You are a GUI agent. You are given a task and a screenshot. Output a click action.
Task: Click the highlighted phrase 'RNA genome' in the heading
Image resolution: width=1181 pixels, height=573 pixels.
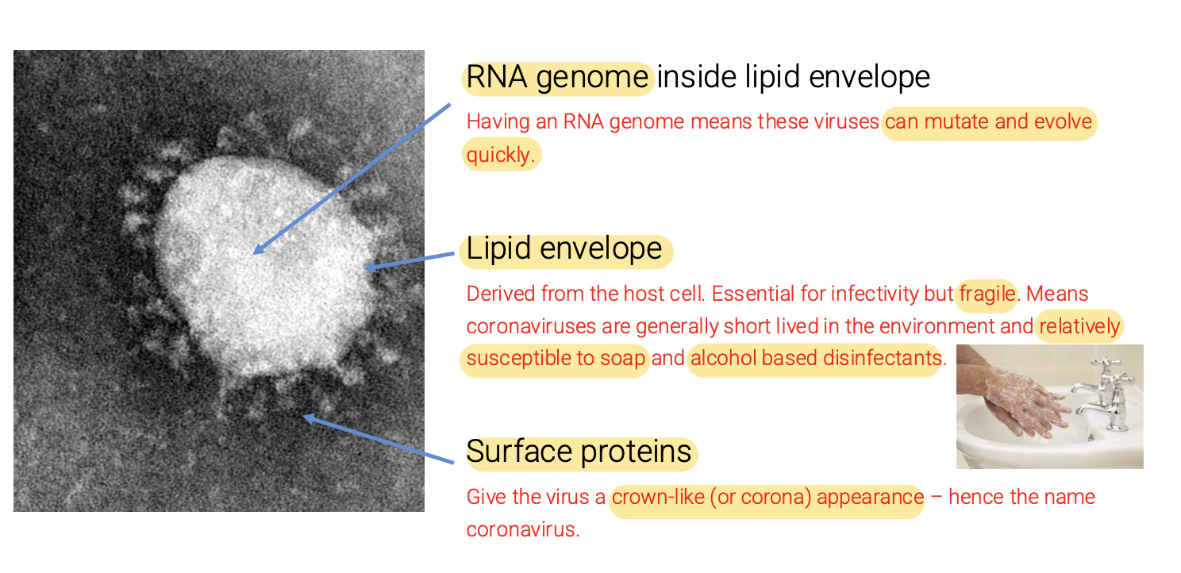click(x=557, y=78)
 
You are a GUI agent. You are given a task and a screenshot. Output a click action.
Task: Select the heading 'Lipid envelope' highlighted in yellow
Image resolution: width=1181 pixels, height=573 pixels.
click(x=564, y=249)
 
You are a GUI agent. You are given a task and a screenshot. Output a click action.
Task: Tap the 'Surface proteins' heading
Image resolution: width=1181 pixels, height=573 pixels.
click(x=579, y=452)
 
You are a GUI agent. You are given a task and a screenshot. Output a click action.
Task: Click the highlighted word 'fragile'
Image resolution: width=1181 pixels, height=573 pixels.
click(x=987, y=294)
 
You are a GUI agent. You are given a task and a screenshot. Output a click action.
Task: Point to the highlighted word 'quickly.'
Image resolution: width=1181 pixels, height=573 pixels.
click(x=500, y=155)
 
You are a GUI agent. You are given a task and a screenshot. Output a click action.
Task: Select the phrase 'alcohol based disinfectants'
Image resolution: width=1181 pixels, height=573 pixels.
click(x=815, y=359)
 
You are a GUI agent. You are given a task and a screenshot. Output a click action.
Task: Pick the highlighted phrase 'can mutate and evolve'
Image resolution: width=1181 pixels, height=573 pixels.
click(x=988, y=123)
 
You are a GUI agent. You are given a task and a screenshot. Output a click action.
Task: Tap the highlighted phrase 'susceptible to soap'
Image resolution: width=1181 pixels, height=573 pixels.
click(x=556, y=359)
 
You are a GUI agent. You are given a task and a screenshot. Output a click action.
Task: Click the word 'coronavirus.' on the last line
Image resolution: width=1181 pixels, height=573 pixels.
click(x=522, y=530)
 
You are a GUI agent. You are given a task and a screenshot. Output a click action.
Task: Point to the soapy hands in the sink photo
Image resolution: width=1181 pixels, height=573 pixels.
click(x=1024, y=397)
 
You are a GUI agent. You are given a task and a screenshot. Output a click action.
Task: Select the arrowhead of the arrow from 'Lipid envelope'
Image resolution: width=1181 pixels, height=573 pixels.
click(x=370, y=268)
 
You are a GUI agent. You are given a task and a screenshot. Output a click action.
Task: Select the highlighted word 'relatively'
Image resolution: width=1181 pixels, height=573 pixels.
click(x=1079, y=327)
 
